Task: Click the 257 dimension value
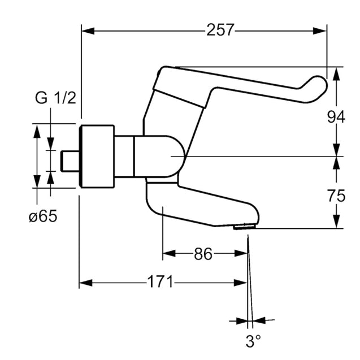coord(220,30)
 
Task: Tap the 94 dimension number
coord(336,118)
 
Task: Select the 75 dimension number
coord(336,197)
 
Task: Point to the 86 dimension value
coord(203,254)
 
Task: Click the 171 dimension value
coord(162,282)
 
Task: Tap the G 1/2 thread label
coord(55,98)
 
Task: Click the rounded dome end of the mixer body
coord(179,157)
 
